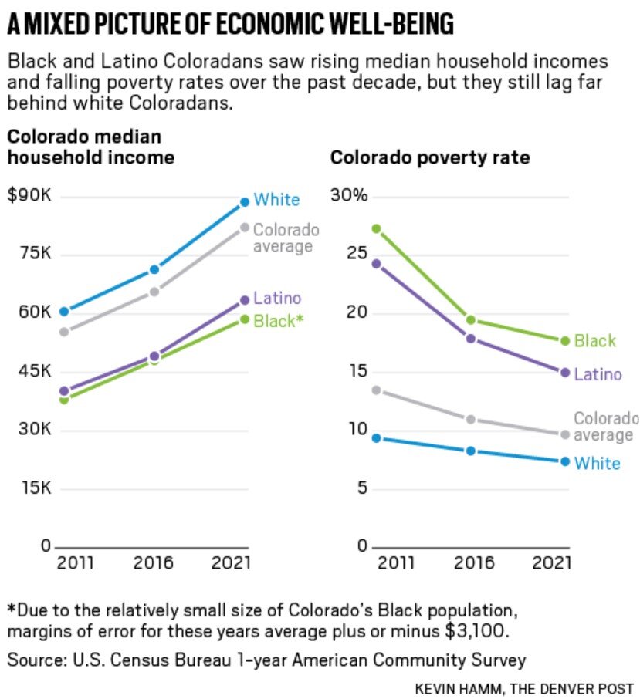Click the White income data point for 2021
click(244, 201)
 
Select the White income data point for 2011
click(64, 311)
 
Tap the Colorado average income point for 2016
click(154, 291)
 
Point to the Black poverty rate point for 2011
click(376, 228)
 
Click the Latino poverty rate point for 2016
click(470, 338)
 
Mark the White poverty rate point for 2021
click(564, 461)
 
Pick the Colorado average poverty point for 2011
click(376, 390)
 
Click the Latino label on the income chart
click(277, 299)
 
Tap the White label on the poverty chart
click(597, 463)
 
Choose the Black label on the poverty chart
click(594, 340)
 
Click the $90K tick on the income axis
click(29, 195)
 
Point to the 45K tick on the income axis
click(35, 371)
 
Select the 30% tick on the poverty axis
click(349, 195)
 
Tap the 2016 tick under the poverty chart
click(474, 562)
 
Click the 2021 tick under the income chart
click(231, 562)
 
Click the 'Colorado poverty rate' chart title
click(430, 158)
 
